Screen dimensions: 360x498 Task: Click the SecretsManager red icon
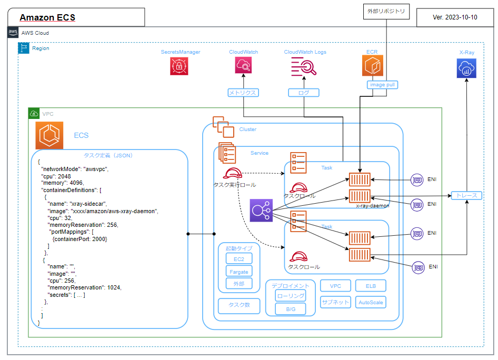179,66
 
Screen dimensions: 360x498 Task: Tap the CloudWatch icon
243,66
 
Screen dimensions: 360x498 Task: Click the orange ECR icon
372,66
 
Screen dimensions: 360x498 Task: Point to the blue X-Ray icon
466,68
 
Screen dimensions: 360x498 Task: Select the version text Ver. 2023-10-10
455,17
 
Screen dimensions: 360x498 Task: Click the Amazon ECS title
47,17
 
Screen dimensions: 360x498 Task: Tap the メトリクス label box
242,93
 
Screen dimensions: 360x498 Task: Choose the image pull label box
383,84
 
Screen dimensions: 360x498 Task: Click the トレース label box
466,196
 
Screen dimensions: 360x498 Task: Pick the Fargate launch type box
239,272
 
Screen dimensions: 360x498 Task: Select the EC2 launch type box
239,258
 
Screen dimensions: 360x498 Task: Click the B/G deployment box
291,309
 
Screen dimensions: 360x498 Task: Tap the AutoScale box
371,302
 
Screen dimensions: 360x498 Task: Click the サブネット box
335,302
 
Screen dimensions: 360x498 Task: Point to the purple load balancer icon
261,211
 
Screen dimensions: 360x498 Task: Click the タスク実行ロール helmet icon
232,174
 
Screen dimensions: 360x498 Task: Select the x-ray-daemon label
372,206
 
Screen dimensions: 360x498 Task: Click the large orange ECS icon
49,135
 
